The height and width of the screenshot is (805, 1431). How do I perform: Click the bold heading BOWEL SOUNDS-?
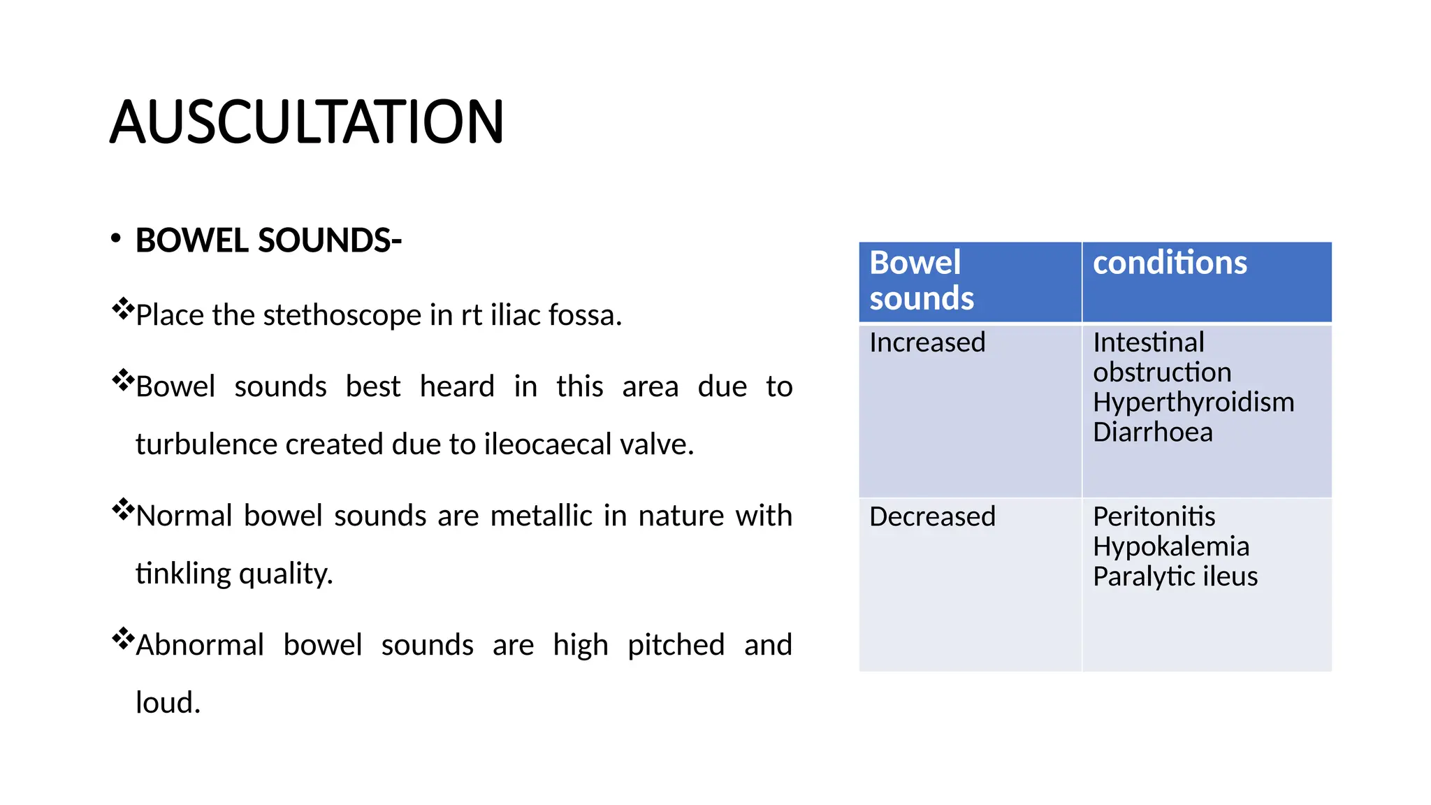pyautogui.click(x=268, y=241)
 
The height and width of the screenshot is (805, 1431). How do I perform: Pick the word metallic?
pyautogui.click(x=542, y=516)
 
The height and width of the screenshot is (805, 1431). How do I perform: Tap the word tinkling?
pyautogui.click(x=183, y=574)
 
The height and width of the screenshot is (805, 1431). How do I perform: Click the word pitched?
pyautogui.click(x=676, y=645)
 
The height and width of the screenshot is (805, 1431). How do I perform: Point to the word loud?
pyautogui.click(x=168, y=703)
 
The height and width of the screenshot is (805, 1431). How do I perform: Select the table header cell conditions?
pyautogui.click(x=1170, y=263)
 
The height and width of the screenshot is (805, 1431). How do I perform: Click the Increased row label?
pyautogui.click(x=927, y=342)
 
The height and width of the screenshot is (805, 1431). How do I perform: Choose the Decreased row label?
pyautogui.click(x=932, y=516)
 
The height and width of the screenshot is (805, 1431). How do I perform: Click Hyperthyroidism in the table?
pyautogui.click(x=1193, y=402)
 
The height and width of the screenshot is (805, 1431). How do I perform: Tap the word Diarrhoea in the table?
pyautogui.click(x=1152, y=433)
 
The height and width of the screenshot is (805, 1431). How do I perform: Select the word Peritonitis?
pyautogui.click(x=1154, y=516)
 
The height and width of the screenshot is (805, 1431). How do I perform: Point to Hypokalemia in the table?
pyautogui.click(x=1170, y=546)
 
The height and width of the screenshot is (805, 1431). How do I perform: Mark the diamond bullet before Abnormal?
pyautogui.click(x=123, y=639)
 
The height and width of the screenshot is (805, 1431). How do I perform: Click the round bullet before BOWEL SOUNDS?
pyautogui.click(x=116, y=239)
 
